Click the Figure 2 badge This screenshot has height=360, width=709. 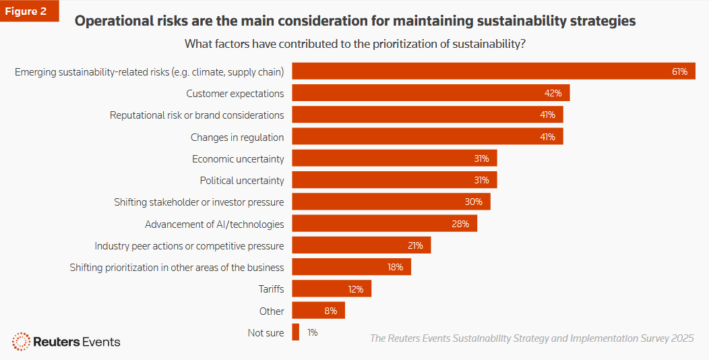coord(29,11)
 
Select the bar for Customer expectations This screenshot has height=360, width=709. coord(431,93)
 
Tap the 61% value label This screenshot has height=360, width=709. coord(679,71)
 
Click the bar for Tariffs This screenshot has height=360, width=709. coord(332,289)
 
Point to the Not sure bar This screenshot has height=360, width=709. coord(295,332)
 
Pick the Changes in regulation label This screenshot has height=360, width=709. coord(237,137)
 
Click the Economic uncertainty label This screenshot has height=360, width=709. coord(238,159)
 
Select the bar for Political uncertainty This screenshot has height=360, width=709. coord(394,180)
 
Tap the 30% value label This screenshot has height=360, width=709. coord(473,202)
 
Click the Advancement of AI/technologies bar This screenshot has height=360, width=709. coord(384,224)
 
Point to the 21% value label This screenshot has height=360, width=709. coord(414,245)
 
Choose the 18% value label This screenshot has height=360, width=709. coord(394,268)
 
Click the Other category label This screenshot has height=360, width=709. coord(272,311)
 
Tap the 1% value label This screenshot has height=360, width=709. coord(312,332)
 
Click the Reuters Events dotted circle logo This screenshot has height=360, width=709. coord(21,341)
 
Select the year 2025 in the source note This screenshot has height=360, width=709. coord(682,338)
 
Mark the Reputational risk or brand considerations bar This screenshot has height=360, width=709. coord(427,115)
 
